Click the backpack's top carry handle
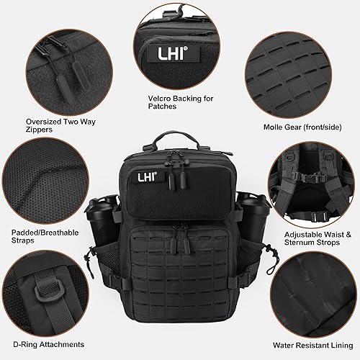coord(179,139)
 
